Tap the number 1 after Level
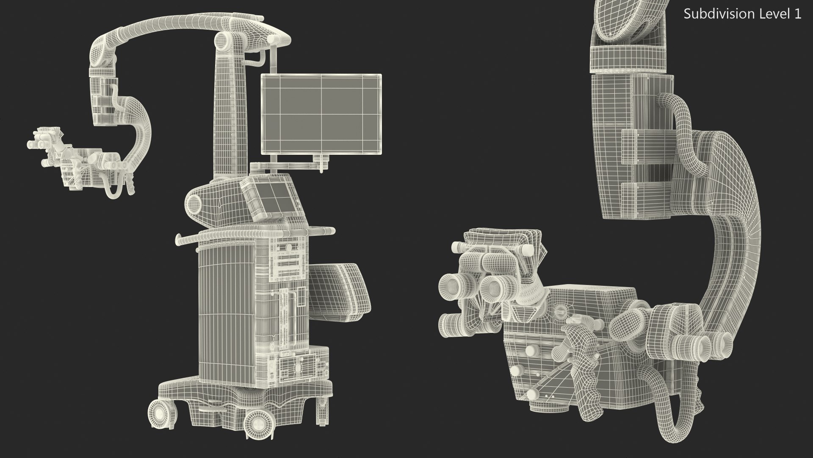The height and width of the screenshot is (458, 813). click(797, 14)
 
